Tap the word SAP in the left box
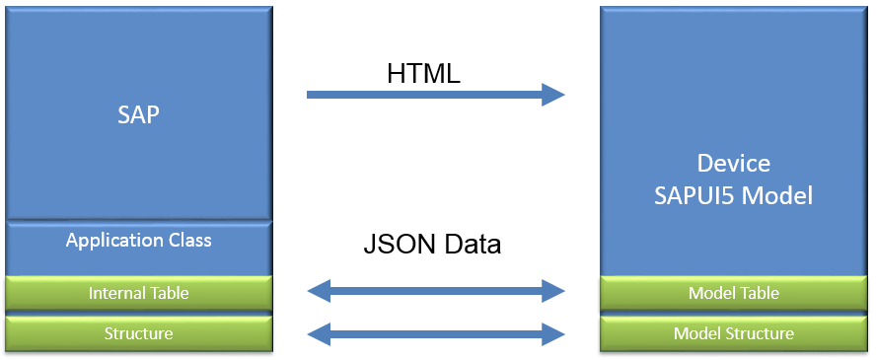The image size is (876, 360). coord(138,114)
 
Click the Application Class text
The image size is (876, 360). coord(138,240)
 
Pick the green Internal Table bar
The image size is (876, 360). coord(138,293)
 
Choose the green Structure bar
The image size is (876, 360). coord(138,333)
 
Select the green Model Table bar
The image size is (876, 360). coord(733,293)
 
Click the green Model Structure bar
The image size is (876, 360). coord(733,333)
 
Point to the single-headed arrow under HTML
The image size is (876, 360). coord(424,95)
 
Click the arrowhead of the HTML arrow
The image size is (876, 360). coord(553,95)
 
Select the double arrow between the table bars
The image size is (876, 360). coord(436,291)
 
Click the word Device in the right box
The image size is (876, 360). coord(733,163)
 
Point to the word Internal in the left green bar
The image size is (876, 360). coord(116,293)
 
